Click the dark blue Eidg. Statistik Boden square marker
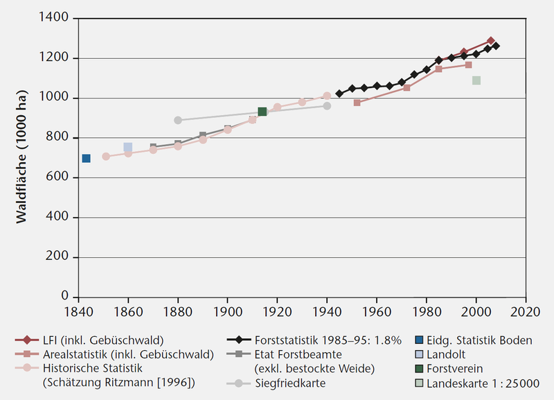[86, 159]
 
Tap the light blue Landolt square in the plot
[128, 147]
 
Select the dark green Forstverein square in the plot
[262, 112]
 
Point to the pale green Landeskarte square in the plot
[476, 80]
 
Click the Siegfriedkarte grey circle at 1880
[178, 120]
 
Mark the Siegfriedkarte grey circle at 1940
[327, 106]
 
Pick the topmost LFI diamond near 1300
[491, 40]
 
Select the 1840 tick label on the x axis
[78, 312]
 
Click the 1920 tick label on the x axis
[277, 312]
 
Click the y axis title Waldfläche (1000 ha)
[21, 158]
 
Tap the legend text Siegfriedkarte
[289, 383]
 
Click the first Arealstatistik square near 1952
[357, 103]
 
